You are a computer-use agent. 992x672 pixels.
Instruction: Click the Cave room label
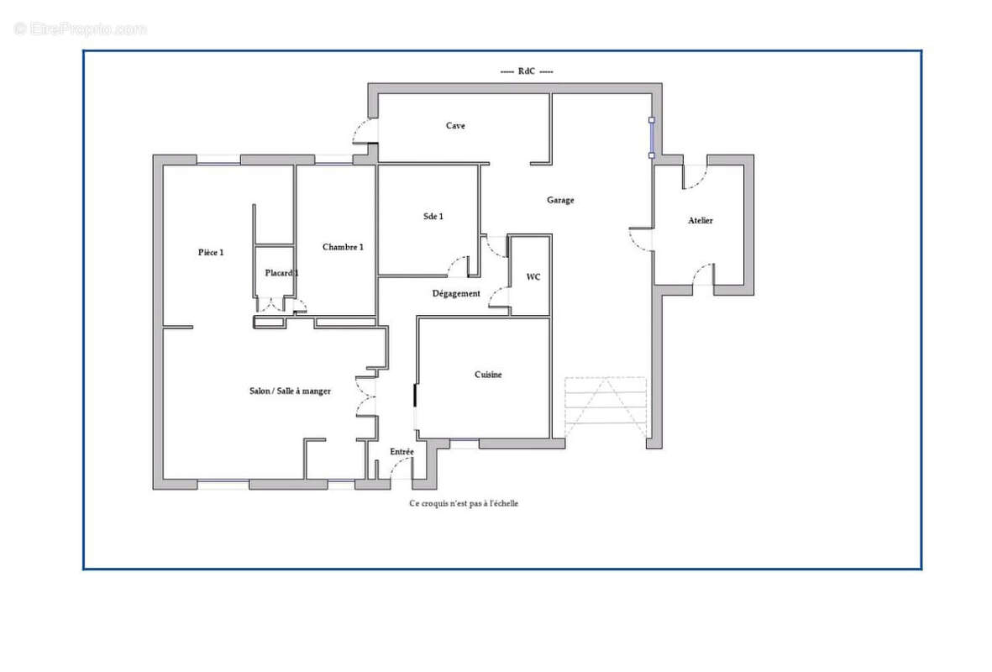click(x=455, y=126)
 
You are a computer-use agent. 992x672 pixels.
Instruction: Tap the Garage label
click(x=560, y=201)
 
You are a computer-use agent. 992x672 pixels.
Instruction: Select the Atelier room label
click(x=701, y=221)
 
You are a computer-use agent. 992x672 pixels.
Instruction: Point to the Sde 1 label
click(x=433, y=217)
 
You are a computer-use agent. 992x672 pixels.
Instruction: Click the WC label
click(x=533, y=277)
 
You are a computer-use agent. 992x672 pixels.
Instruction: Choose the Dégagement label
click(x=456, y=294)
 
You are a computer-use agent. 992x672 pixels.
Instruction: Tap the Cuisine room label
click(x=488, y=375)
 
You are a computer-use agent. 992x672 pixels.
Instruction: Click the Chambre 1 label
click(x=343, y=248)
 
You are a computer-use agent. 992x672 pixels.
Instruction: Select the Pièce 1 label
click(x=211, y=253)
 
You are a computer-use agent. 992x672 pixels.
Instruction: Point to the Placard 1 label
click(x=281, y=273)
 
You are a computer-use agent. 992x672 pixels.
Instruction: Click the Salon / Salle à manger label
click(x=290, y=391)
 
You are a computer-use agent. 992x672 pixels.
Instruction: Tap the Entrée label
click(x=402, y=452)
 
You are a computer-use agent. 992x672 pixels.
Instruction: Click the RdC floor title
click(x=527, y=71)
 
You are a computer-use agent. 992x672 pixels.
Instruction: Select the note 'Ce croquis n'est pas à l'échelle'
click(x=464, y=504)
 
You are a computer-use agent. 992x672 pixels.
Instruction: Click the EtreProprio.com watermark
click(x=81, y=29)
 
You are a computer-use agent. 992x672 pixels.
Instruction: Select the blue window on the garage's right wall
click(x=652, y=137)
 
